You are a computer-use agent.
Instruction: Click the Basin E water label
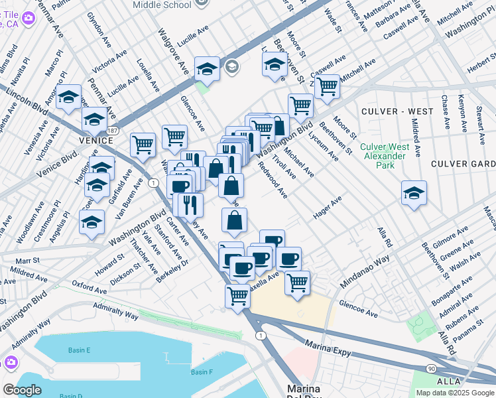point(78,350)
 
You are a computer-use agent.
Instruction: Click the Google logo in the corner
point(23,390)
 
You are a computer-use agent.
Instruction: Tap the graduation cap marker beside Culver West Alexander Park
point(414,193)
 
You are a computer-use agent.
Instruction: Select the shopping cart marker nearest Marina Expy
point(237,296)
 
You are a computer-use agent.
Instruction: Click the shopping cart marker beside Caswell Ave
point(326,86)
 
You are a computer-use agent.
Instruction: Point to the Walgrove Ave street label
point(171,50)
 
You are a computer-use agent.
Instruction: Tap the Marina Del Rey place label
point(303,391)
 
